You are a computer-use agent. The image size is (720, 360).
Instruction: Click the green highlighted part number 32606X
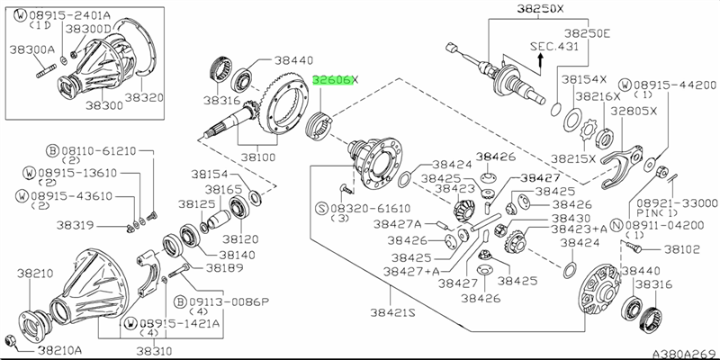pos(333,79)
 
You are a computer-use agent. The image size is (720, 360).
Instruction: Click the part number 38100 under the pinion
pos(251,156)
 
